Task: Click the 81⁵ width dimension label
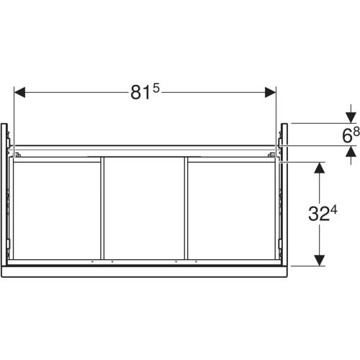(x=145, y=92)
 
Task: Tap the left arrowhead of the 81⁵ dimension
(x=19, y=92)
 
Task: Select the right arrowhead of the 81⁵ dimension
(x=271, y=92)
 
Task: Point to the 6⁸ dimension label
(x=351, y=135)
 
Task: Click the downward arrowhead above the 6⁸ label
(x=351, y=118)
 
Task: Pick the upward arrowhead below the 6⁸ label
(x=351, y=151)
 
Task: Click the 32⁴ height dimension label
(x=323, y=213)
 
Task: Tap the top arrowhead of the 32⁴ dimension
(x=320, y=168)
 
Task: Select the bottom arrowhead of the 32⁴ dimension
(x=320, y=261)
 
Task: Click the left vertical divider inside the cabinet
(x=102, y=208)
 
